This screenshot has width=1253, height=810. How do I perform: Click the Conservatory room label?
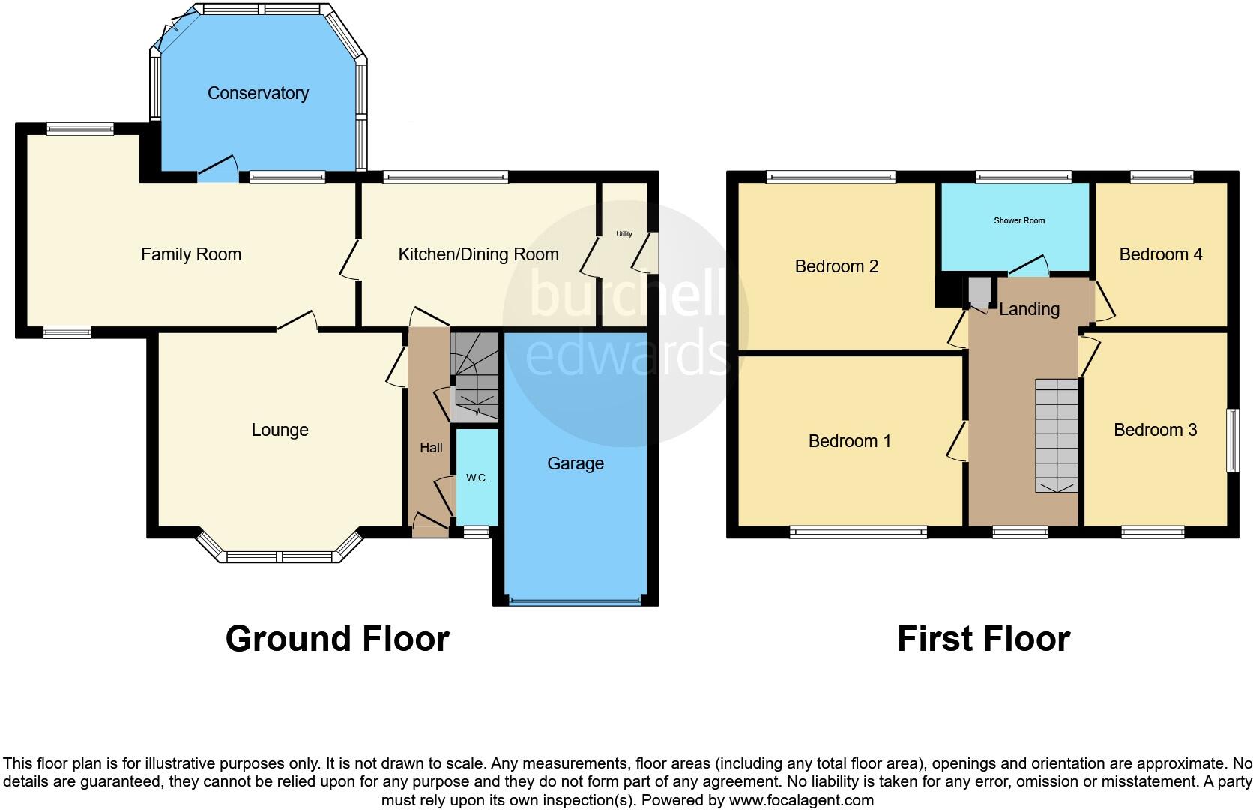(258, 93)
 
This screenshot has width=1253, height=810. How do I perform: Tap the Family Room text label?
(191, 254)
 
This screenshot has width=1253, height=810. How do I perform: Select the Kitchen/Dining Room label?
(478, 254)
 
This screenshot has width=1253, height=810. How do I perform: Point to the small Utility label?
(624, 234)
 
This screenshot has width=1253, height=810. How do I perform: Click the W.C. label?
(477, 478)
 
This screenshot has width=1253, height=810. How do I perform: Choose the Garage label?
(575, 463)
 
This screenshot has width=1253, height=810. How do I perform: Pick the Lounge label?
(280, 430)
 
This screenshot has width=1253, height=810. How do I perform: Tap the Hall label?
(431, 448)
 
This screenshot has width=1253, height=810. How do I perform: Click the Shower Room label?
(1018, 220)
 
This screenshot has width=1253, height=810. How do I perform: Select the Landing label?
(1029, 309)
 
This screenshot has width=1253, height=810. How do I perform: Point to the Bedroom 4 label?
(1160, 254)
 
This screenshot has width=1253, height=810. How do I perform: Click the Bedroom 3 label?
(1155, 430)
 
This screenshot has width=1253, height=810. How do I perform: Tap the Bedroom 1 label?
(849, 441)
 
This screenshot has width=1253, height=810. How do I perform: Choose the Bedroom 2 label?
(836, 266)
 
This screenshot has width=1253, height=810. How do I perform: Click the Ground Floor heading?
(337, 639)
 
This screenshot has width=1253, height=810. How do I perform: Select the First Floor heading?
(983, 639)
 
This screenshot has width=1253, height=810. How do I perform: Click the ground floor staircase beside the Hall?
(474, 375)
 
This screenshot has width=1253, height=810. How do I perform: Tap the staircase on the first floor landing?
(1057, 435)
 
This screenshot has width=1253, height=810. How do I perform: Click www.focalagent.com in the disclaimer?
(800, 800)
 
